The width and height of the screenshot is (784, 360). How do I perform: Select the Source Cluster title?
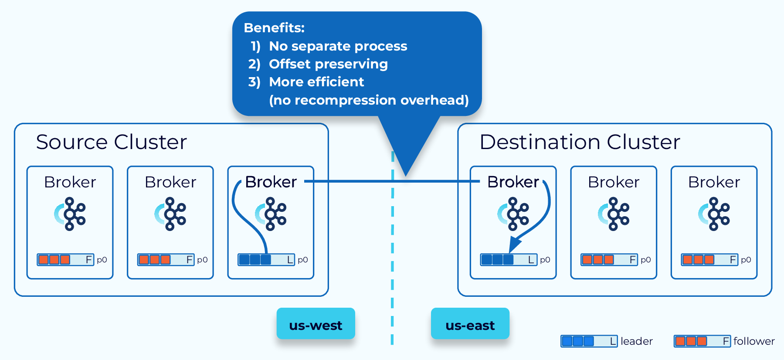112,142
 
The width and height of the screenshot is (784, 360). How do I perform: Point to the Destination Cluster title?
580,142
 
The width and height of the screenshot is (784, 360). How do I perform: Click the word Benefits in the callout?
274,28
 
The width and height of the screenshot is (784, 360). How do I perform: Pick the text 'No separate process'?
338,46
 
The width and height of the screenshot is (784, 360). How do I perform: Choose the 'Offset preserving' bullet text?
328,64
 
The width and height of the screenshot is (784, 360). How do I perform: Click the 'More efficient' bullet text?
316,82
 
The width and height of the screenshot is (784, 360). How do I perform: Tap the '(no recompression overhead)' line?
369,100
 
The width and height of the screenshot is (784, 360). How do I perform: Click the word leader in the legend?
636,341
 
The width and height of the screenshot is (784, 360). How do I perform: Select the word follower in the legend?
754,341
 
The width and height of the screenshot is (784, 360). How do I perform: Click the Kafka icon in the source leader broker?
271,214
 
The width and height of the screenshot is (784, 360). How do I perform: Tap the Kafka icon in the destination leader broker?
513,214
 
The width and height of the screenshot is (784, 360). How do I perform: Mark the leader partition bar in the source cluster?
266,260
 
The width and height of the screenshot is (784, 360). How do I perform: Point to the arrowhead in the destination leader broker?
514,245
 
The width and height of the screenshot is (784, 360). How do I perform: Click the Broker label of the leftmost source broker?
70,182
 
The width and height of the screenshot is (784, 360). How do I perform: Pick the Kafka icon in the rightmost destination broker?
714,214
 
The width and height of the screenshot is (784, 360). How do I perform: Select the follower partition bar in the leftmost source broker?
65,260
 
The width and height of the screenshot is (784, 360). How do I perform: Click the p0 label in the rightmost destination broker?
746,260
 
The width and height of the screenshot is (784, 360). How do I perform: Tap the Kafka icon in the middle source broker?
170,214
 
